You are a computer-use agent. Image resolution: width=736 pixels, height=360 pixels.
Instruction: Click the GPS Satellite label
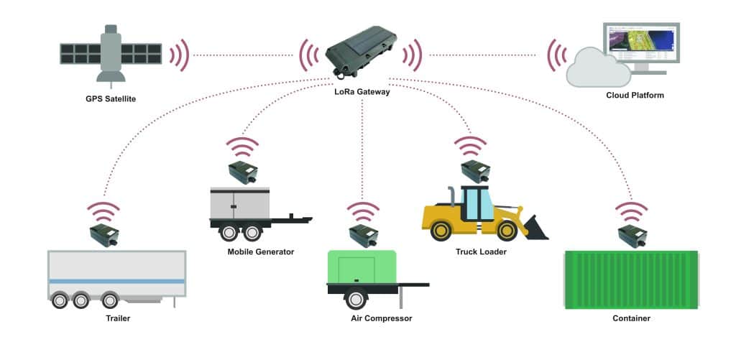click(111, 98)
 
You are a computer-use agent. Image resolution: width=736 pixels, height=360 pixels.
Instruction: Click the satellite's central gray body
click(110, 53)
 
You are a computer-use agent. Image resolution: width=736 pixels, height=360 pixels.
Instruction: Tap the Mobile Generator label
click(261, 251)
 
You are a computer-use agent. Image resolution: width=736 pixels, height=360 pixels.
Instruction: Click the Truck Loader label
click(481, 251)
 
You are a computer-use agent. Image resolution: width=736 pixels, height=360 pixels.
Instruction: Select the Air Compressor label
click(377, 318)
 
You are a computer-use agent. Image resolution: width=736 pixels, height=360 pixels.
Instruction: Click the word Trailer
click(116, 318)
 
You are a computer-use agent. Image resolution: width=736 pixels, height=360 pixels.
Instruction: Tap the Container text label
click(631, 318)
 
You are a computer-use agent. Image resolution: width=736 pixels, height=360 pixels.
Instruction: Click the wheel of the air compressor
click(355, 300)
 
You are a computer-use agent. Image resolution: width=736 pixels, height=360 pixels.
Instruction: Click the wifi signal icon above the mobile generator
click(242, 148)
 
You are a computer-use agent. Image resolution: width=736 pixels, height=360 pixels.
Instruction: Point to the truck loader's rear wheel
click(441, 231)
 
